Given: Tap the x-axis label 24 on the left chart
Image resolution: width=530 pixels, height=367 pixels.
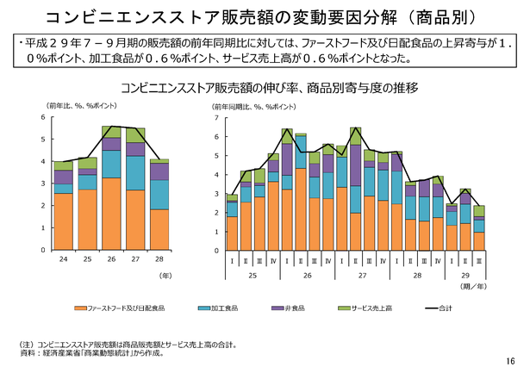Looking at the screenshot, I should click(x=64, y=259).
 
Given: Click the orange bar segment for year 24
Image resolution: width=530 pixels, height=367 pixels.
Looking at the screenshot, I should click(x=64, y=221).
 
